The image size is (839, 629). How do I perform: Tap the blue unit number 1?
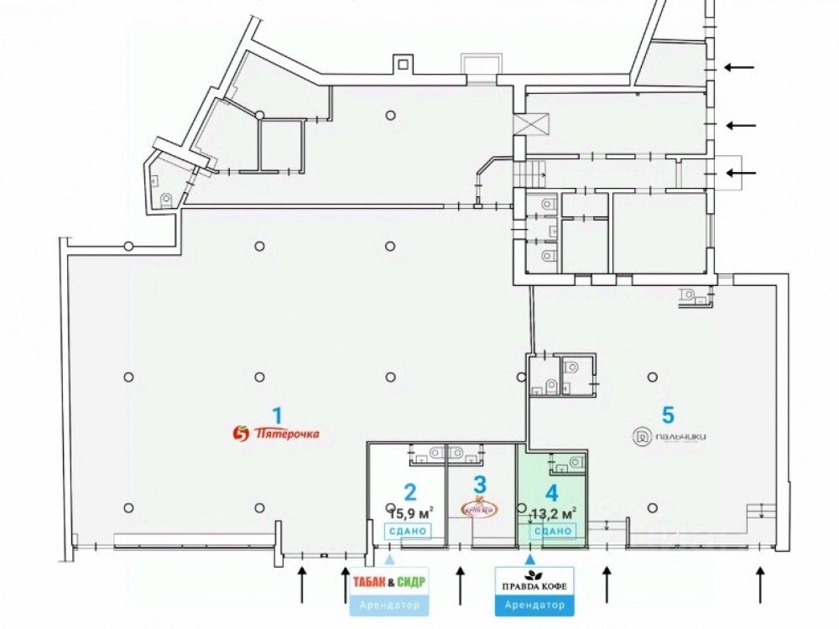277,413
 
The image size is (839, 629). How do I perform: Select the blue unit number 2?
409,492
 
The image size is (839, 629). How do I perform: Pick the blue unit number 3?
479,485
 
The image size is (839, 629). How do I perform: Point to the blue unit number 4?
551,493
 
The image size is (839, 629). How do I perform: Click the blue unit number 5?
668,414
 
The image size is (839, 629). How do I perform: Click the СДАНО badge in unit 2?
407,531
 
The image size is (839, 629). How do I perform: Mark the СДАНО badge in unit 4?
553,531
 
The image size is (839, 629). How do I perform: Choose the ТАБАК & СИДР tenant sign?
388,581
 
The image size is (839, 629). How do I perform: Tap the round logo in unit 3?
478,507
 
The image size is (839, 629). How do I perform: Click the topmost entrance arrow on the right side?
740,67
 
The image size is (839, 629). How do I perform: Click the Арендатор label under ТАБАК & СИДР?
388,605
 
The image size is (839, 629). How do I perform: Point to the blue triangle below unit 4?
529,547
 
